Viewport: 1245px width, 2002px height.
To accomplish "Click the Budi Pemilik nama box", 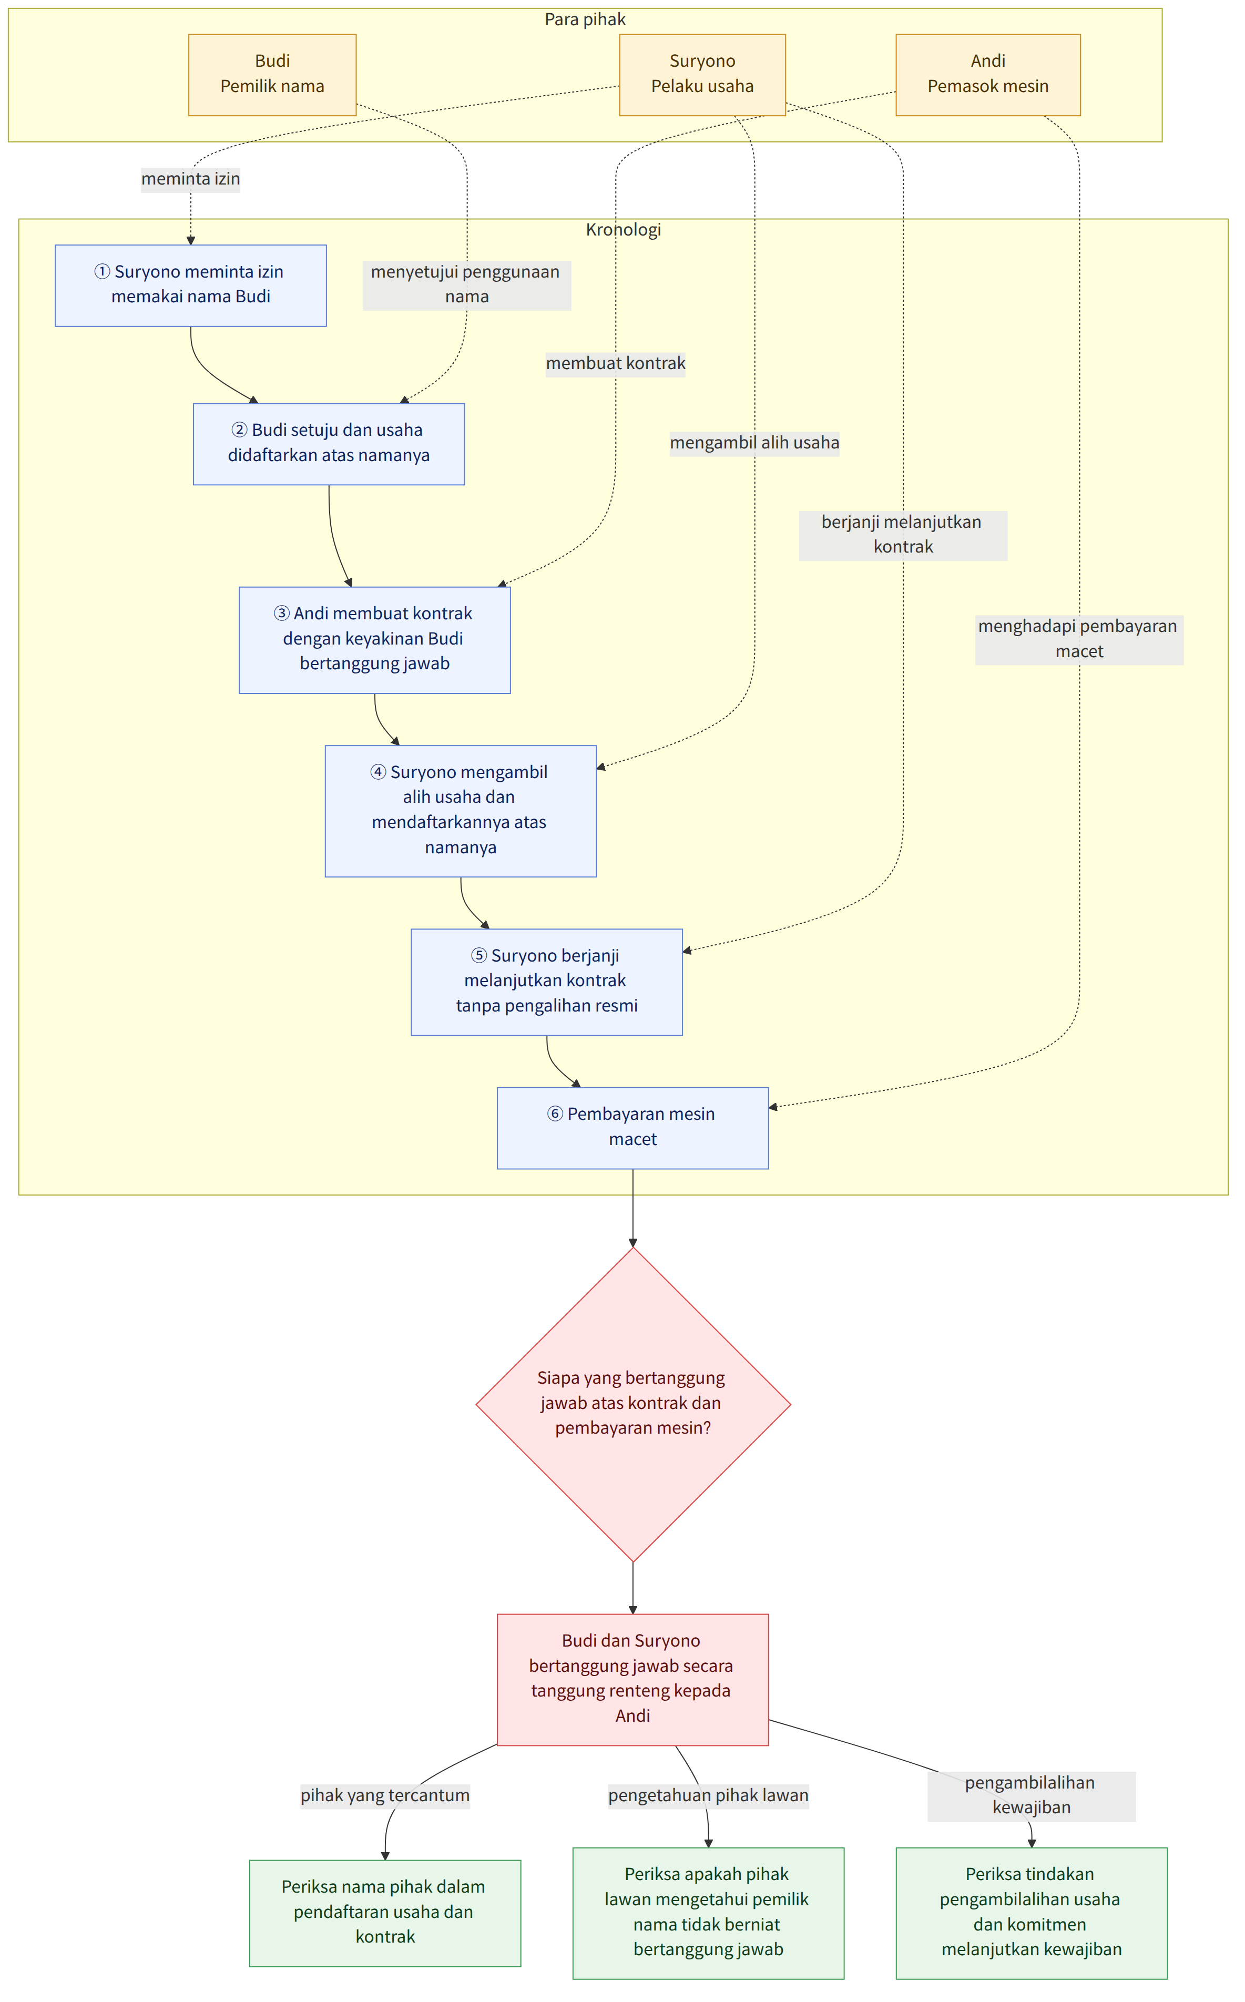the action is tap(272, 75).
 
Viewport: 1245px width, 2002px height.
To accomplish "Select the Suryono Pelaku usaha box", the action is tap(702, 75).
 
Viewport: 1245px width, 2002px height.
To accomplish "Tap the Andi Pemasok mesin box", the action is tap(988, 75).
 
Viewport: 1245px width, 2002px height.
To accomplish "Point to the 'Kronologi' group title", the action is tap(624, 230).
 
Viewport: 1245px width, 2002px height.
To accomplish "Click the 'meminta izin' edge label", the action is tap(190, 179).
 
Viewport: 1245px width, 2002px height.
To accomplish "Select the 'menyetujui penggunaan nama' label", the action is tap(467, 285).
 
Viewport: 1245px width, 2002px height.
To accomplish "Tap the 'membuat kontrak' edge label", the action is tap(615, 364).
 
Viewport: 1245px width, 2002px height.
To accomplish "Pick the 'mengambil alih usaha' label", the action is tap(754, 443).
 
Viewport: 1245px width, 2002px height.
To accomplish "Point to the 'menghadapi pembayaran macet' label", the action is tap(1079, 639).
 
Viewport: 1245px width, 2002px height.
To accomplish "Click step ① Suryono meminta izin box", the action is tap(191, 285).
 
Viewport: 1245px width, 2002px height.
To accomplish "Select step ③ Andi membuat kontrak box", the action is tap(375, 640).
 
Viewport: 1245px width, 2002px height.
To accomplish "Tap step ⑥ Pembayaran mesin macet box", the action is tap(632, 1128).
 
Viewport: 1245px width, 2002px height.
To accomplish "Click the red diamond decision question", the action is tap(632, 1404).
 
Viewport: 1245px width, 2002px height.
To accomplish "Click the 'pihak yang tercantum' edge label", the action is tap(384, 1795).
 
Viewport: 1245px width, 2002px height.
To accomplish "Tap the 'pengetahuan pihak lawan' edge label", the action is tap(708, 1795).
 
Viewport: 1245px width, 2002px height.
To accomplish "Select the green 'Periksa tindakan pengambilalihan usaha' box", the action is tap(1032, 1913).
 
